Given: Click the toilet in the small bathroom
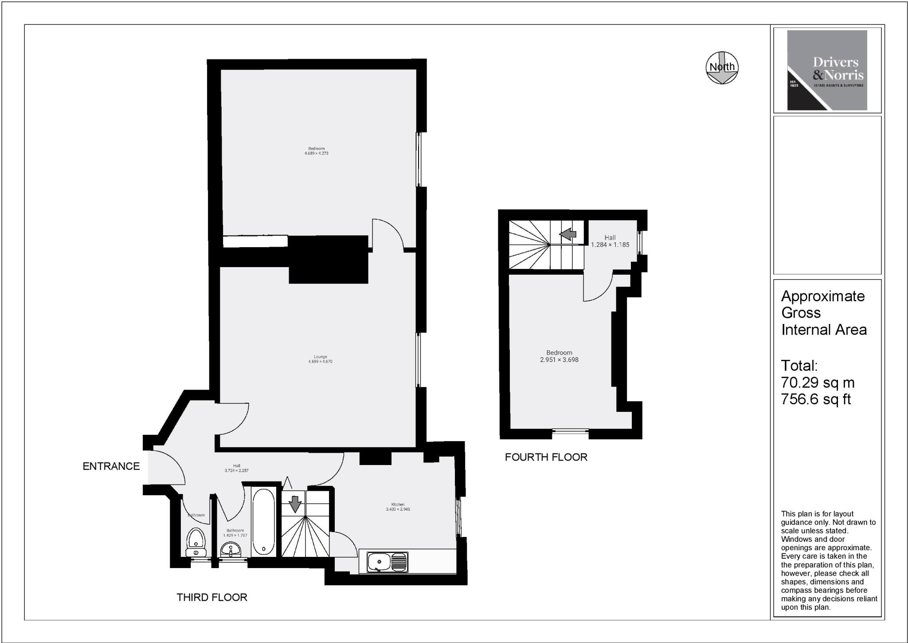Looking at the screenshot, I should tap(196, 543).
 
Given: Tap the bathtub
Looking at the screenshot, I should tap(263, 522).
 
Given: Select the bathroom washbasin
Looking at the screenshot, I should tap(231, 550).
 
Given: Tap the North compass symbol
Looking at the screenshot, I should tap(722, 67).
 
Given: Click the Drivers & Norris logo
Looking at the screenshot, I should tap(827, 70).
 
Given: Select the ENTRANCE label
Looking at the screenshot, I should tap(111, 466).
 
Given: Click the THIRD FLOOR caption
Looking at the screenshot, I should tap(212, 597).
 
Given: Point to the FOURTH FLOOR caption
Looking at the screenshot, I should tap(546, 457).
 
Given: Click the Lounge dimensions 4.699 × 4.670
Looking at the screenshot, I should tap(320, 362).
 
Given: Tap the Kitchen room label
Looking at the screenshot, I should tap(398, 505).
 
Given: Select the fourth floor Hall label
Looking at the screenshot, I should tap(610, 238).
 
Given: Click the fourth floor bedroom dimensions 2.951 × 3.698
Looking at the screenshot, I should tap(559, 360).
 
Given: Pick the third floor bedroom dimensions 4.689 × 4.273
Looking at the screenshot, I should tap(316, 154).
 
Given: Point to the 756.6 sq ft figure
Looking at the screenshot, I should tap(816, 399).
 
